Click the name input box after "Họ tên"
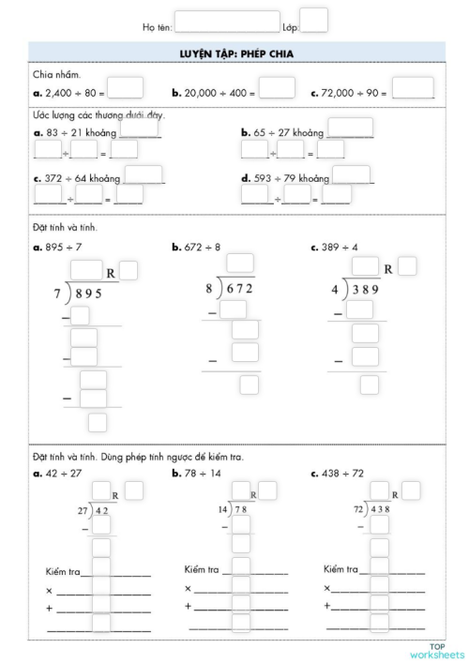pos(227,21)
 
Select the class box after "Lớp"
pos(314,20)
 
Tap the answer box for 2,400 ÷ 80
pos(126,88)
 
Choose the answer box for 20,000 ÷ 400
pos(277,88)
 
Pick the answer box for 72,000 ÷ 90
pos(413,88)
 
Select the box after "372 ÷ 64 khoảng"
pos(144,174)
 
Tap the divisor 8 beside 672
pos(209,288)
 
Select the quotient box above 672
pos(240,263)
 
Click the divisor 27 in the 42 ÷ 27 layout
pos(82,510)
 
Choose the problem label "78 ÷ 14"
pos(201,474)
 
